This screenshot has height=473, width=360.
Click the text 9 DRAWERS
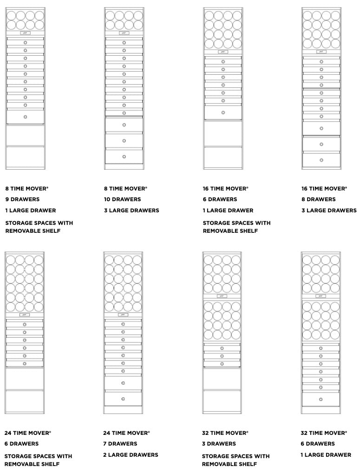22,199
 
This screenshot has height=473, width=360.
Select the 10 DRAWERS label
122,199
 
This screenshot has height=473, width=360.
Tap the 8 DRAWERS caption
318,199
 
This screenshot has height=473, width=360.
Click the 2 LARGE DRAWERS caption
131,455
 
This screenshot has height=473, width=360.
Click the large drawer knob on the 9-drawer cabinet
25,117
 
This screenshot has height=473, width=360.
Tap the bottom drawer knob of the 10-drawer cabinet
124,157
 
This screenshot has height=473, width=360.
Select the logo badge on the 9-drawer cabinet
25,33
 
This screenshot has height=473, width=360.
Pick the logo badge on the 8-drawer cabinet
321,52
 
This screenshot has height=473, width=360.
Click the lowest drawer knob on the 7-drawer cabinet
123,399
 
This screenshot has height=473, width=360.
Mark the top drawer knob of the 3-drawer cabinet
222,348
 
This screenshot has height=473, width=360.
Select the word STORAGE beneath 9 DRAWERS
21,223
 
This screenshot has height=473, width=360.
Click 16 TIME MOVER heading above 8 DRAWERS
324,189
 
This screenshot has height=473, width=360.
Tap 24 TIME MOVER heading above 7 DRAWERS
126,433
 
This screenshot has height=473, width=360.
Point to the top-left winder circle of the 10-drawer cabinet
110,15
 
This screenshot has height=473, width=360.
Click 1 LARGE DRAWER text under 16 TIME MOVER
228,210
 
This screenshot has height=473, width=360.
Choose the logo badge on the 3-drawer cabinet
222,296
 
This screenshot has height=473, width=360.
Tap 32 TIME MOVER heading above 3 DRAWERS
225,433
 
